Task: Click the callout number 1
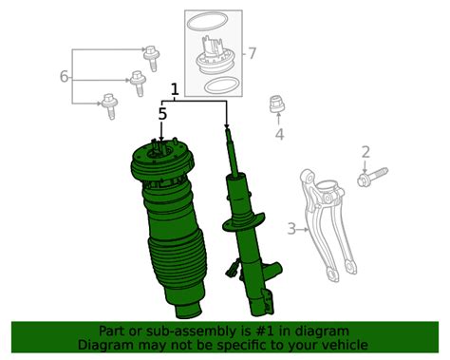coord(175,89)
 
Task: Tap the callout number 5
coord(162,114)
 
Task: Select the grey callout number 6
coord(64,77)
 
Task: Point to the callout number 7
coord(252,53)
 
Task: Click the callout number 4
coord(279,134)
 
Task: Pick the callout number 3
coord(291,229)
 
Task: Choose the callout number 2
coord(366,152)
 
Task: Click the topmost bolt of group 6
coord(151,59)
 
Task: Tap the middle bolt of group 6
coord(139,84)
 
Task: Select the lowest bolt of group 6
coord(109,105)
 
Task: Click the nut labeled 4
coord(277,104)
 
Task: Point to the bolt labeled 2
coord(372,177)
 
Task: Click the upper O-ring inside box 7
coord(207,23)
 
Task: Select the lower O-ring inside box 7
coord(221,85)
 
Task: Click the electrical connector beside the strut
coord(232,268)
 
